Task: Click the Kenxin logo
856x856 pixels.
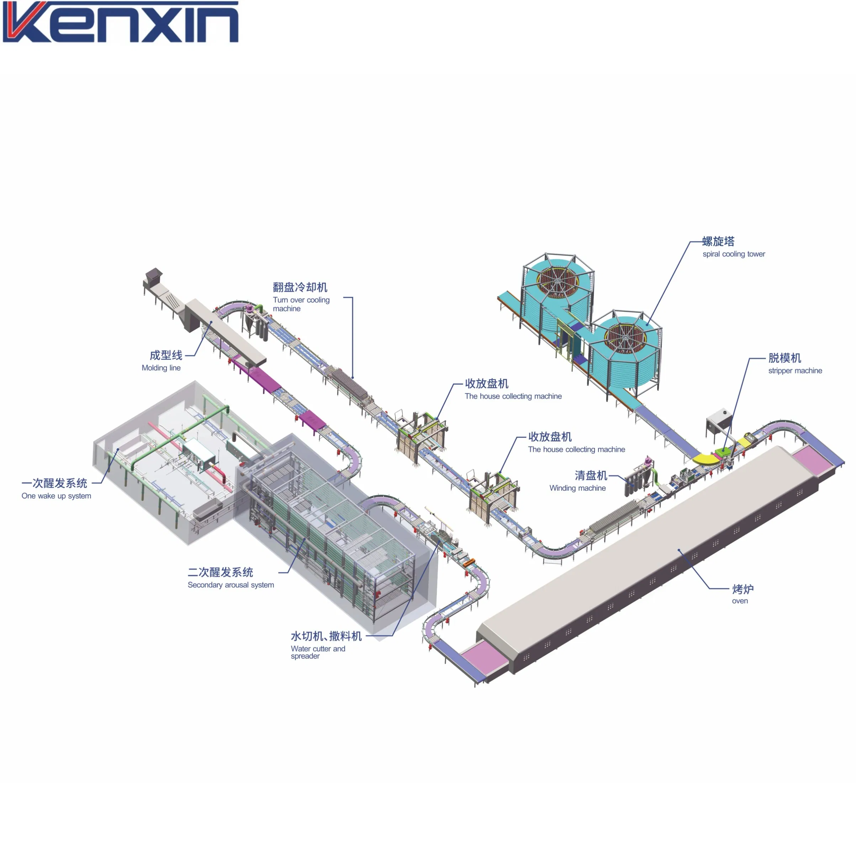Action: coord(121,22)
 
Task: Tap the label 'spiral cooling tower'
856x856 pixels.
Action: coord(734,254)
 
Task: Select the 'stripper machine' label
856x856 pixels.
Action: coord(795,371)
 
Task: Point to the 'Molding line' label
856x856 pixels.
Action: coord(161,368)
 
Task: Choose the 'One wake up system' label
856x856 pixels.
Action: coord(56,496)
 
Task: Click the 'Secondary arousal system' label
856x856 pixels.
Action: coord(231,585)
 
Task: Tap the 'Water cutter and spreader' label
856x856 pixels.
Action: coord(318,652)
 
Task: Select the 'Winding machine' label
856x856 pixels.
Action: coord(577,488)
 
